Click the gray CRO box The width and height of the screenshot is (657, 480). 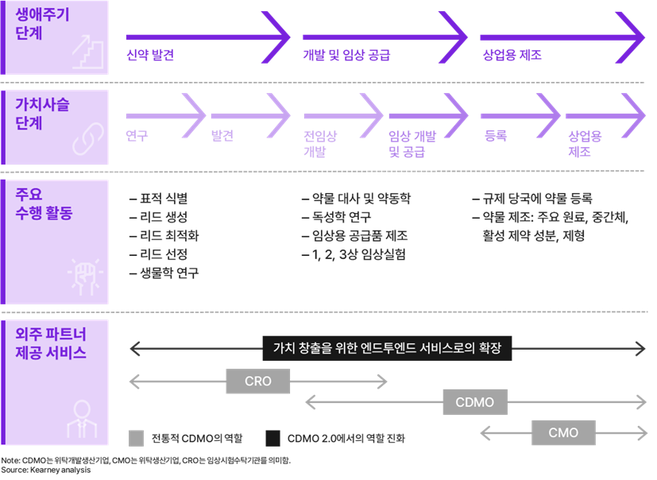pyautogui.click(x=258, y=381)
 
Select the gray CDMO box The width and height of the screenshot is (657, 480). pyautogui.click(x=474, y=402)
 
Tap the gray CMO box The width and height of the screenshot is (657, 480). pyautogui.click(x=563, y=433)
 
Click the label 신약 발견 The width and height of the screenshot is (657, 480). pyautogui.click(x=150, y=56)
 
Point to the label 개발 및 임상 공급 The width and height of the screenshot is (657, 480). pyautogui.click(x=346, y=56)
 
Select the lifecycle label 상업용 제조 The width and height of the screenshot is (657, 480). pyautogui.click(x=512, y=56)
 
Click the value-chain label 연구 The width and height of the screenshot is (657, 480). pyautogui.click(x=137, y=136)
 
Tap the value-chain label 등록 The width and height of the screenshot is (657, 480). pyautogui.click(x=496, y=136)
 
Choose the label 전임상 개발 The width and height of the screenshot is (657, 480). pyautogui.click(x=320, y=144)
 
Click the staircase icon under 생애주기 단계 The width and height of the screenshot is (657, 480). pyautogui.click(x=87, y=52)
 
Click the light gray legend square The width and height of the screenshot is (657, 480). pyautogui.click(x=136, y=438)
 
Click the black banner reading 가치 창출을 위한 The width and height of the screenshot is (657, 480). pyautogui.click(x=387, y=347)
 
